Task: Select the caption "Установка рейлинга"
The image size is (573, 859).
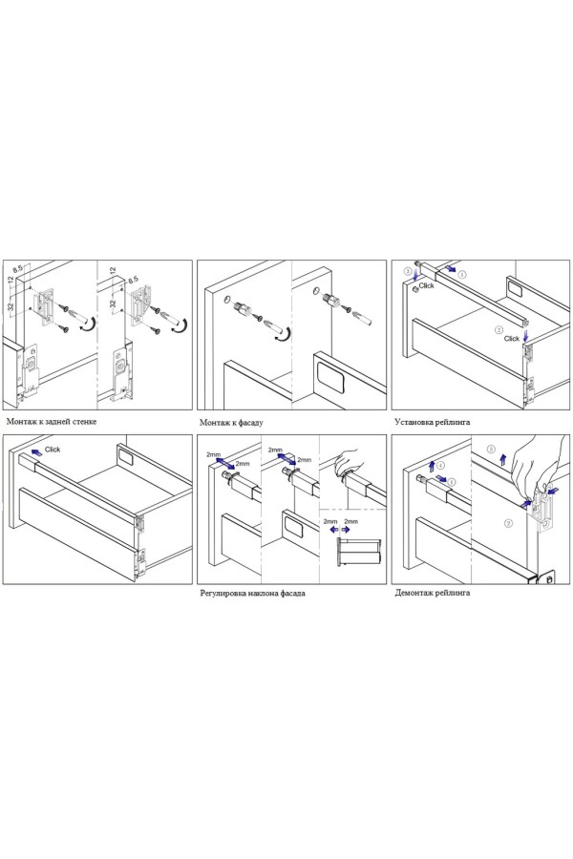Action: (432, 421)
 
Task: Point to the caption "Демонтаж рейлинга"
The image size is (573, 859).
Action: (432, 593)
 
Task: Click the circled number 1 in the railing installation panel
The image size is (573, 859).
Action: (463, 274)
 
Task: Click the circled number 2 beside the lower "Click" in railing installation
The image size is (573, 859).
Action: (498, 329)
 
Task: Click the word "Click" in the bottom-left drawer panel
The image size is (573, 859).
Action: (53, 449)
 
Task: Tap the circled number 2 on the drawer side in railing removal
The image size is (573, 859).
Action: (507, 524)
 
